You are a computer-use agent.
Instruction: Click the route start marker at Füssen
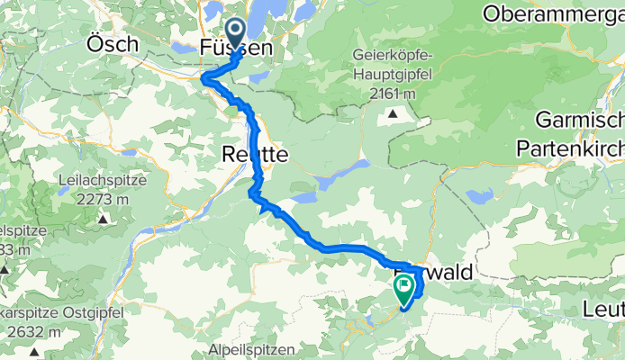pyautogui.click(x=236, y=34)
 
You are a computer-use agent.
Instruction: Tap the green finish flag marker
pyautogui.click(x=403, y=288)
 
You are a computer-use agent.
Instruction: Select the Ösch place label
pyautogui.click(x=113, y=43)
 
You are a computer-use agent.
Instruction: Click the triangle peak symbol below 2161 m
pyautogui.click(x=393, y=113)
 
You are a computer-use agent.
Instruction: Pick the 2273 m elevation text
pyautogui.click(x=102, y=200)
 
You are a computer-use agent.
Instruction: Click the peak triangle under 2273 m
pyautogui.click(x=102, y=219)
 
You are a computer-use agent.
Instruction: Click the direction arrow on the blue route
pyautogui.click(x=266, y=209)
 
